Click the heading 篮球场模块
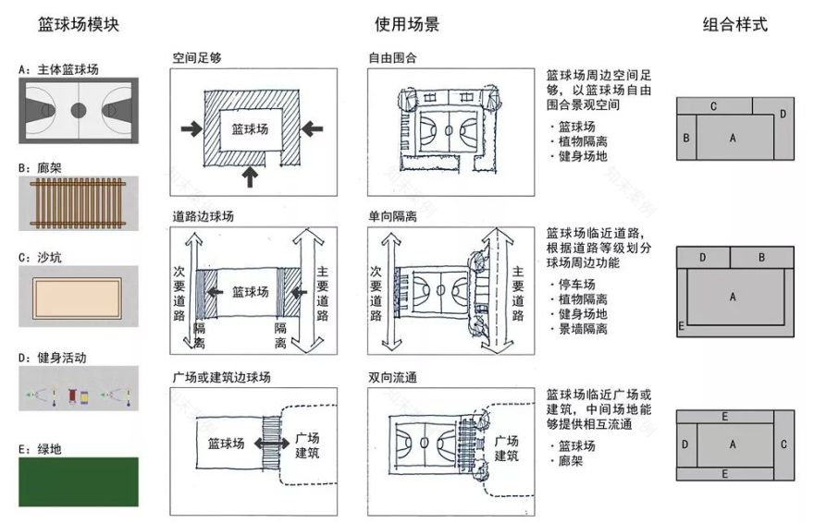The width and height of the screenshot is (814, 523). [x=79, y=25]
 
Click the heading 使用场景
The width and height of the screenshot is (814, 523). [x=407, y=25]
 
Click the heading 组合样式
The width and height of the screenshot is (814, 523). [x=735, y=25]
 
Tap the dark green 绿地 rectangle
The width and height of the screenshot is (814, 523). [x=79, y=481]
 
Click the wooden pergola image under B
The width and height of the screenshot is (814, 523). [x=79, y=202]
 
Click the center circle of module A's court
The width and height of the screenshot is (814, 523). [x=79, y=110]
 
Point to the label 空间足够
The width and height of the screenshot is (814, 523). [x=197, y=57]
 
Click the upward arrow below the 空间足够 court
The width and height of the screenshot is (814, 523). [x=249, y=174]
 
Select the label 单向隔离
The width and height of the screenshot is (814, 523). [x=392, y=216]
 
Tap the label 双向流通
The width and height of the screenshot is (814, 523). [x=392, y=376]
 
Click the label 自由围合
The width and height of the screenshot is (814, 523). [x=392, y=57]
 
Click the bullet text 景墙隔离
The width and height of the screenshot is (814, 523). [x=582, y=329]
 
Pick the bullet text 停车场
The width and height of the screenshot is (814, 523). [x=576, y=285]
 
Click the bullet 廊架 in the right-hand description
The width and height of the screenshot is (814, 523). [x=571, y=459]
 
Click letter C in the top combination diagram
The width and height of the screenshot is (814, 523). [x=714, y=107]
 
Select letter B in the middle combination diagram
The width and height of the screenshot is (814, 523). [x=760, y=257]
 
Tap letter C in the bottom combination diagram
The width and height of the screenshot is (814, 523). [x=783, y=444]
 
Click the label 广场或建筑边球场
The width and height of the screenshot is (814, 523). [x=222, y=376]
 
